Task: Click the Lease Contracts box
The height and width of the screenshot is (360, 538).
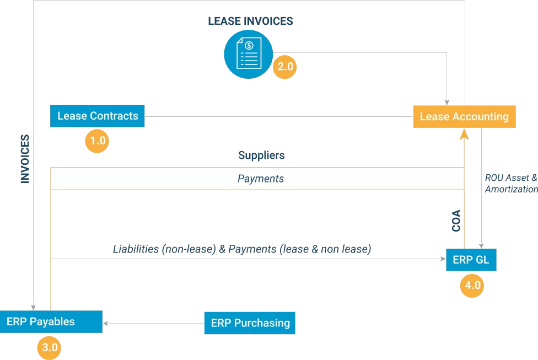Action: (98, 116)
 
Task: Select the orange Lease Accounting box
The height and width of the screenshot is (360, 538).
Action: (464, 116)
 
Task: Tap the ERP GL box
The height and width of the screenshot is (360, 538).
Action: (471, 260)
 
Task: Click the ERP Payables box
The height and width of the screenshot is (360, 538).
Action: (51, 321)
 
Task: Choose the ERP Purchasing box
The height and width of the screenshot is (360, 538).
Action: (250, 323)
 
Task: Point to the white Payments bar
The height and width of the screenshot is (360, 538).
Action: (257, 179)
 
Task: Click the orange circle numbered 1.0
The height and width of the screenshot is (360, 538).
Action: (97, 141)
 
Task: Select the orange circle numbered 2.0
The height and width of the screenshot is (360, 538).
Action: (285, 67)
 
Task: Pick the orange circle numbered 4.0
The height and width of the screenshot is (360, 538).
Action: (471, 286)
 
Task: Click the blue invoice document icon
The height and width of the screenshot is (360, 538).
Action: (248, 54)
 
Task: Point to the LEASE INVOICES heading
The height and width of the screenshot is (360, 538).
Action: (250, 22)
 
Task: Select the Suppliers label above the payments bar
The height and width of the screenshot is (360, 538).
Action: (261, 155)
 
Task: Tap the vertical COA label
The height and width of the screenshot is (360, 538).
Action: (456, 220)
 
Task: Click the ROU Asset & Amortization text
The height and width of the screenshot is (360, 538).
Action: (510, 184)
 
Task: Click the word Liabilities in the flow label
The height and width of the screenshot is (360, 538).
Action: (136, 249)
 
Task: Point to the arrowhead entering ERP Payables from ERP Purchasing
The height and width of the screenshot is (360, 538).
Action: (106, 323)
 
